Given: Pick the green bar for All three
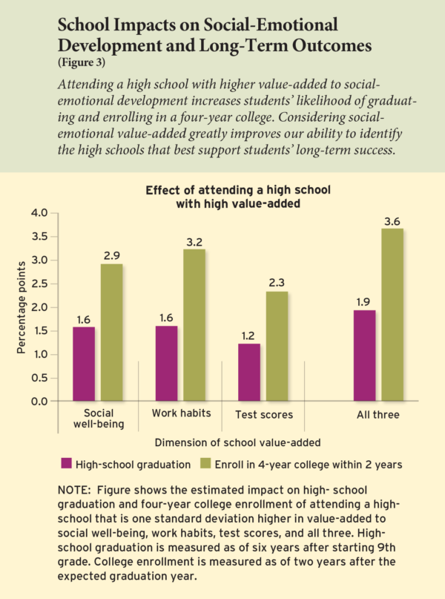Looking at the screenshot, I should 393,315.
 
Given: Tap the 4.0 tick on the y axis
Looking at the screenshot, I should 39,213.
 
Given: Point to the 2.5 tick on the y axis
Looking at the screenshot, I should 39,284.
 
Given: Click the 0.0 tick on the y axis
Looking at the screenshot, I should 39,402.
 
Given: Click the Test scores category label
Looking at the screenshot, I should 263,414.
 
